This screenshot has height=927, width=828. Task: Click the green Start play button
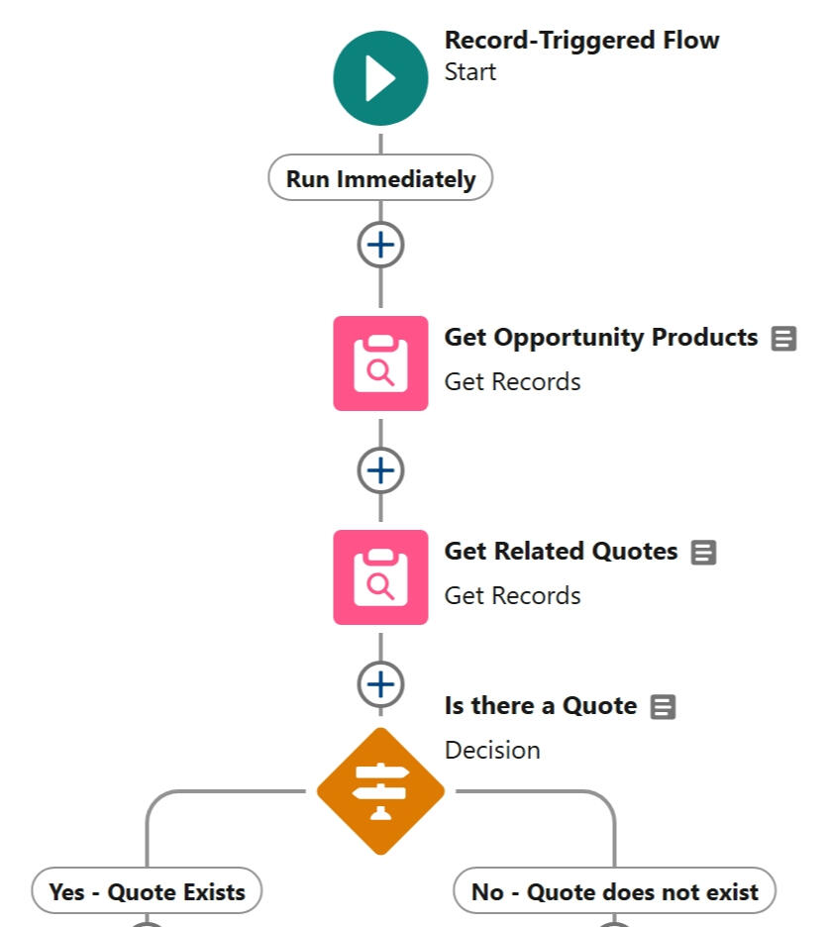[x=380, y=78]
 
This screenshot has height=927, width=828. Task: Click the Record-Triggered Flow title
[x=581, y=41]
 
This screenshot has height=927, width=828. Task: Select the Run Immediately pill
[x=380, y=179]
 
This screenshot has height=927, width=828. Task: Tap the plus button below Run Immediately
[x=380, y=245]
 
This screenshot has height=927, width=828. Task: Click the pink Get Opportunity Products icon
[x=380, y=363]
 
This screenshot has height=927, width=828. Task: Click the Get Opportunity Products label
[x=600, y=338]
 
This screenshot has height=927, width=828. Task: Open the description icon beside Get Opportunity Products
[x=783, y=339]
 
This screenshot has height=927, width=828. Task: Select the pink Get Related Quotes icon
[x=380, y=577]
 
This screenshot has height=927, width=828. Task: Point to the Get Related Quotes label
[x=561, y=552]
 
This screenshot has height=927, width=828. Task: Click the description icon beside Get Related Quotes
[x=703, y=553]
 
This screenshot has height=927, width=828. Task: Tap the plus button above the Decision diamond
[x=380, y=684]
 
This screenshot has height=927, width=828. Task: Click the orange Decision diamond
[x=380, y=791]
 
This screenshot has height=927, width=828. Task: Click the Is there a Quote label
[x=540, y=706]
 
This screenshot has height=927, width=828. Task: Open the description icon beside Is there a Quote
[x=663, y=707]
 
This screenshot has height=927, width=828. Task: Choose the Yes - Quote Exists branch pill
[x=147, y=892]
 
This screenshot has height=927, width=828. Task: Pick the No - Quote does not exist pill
[x=614, y=892]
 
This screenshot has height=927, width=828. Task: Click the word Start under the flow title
[x=470, y=72]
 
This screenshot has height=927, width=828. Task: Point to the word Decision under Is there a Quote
[x=492, y=750]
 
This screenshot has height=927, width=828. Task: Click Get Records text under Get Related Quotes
[x=512, y=595]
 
